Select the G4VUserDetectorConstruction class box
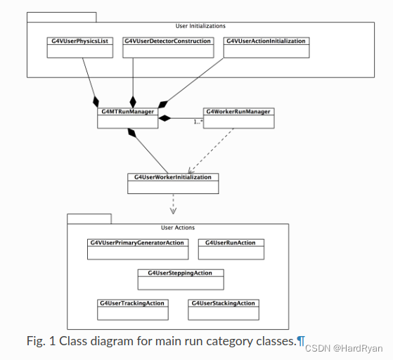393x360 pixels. (x=167, y=47)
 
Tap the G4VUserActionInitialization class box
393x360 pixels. (x=266, y=47)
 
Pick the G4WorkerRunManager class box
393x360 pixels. (x=238, y=117)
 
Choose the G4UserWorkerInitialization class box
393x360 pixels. (x=172, y=183)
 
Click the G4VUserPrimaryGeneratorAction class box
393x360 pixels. (x=137, y=249)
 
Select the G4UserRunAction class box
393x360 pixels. (x=231, y=249)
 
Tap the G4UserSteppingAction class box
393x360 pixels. (x=184, y=278)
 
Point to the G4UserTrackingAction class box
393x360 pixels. (x=131, y=309)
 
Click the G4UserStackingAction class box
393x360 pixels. (x=223, y=309)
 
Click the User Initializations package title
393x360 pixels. (x=200, y=26)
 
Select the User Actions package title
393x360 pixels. (x=178, y=228)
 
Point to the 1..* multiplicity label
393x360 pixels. (x=198, y=122)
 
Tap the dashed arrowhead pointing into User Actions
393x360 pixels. (x=172, y=210)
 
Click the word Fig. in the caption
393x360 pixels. (x=37, y=341)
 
